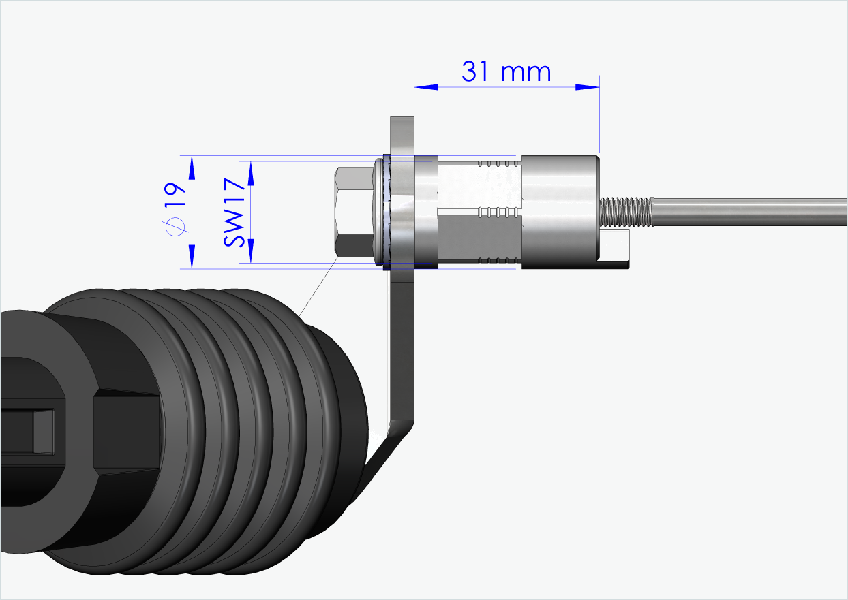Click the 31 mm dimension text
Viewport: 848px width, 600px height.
[506, 72]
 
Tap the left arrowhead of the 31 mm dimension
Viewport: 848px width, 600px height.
[426, 87]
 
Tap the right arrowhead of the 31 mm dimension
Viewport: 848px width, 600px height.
[587, 87]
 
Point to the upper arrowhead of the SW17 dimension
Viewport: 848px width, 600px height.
[250, 173]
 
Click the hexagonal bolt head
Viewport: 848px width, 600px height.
[353, 212]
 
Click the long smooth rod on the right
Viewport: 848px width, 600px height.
[750, 211]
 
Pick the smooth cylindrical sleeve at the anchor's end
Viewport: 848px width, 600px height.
[559, 211]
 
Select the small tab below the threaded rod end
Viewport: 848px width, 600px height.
[617, 249]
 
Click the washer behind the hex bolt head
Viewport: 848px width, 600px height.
[379, 212]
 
